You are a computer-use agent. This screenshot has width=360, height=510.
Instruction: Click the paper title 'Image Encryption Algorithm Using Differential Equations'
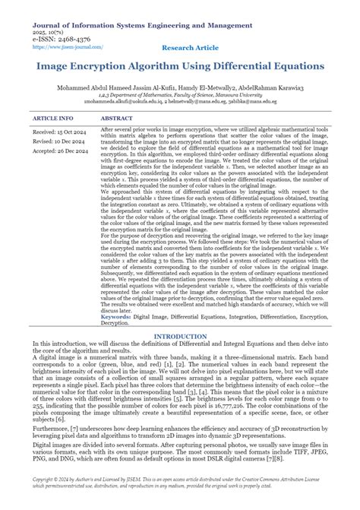click(179, 65)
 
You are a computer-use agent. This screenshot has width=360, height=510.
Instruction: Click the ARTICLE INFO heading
click(53, 119)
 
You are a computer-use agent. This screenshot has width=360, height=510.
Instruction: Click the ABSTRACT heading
click(117, 119)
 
